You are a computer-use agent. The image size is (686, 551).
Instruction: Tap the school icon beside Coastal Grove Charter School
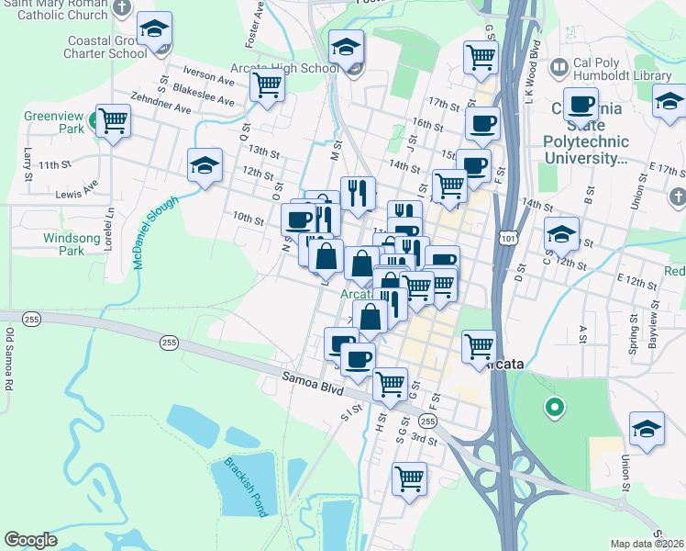[x=154, y=30]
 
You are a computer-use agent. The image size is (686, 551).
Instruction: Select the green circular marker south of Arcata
[x=553, y=406]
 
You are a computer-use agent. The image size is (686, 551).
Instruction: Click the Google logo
[x=30, y=540]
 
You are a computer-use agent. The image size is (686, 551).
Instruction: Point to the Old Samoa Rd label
[x=8, y=359]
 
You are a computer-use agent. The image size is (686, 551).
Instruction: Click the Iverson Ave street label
[x=208, y=76]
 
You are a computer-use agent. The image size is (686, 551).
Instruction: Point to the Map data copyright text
[x=647, y=544]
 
